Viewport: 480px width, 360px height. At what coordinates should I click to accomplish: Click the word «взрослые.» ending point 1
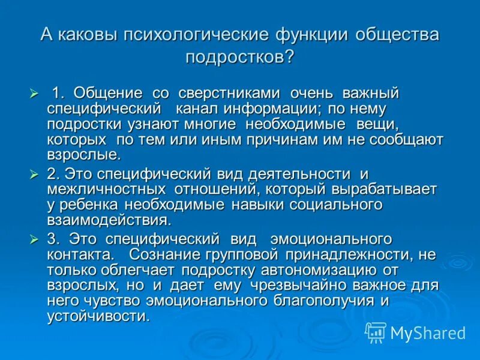coord(84,155)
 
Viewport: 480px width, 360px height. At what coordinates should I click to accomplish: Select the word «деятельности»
coord(285,175)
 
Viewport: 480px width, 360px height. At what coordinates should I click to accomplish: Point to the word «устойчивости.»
coord(98,316)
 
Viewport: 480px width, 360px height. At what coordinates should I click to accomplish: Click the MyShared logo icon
coord(376,332)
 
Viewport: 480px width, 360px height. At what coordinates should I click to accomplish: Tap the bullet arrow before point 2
coord(34,175)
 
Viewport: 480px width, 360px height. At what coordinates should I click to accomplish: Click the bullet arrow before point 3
coord(34,239)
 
